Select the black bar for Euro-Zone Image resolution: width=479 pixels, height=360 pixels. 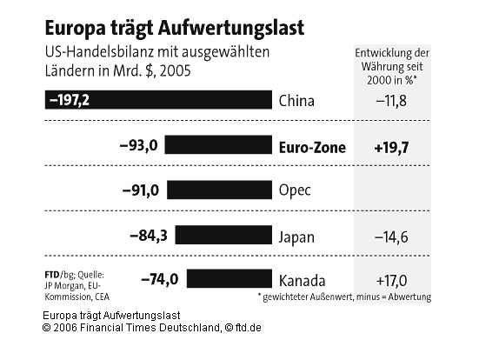click(x=218, y=146)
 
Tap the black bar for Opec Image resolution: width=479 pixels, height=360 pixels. click(x=220, y=190)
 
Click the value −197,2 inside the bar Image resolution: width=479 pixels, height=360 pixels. click(x=70, y=101)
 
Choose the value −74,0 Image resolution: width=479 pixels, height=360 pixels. click(x=159, y=280)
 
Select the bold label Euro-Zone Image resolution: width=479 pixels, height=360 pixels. click(x=312, y=147)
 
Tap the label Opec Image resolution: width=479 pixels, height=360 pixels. click(x=296, y=190)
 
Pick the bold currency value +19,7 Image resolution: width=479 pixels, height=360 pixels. click(x=392, y=147)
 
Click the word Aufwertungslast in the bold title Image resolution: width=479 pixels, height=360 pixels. click(x=229, y=28)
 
